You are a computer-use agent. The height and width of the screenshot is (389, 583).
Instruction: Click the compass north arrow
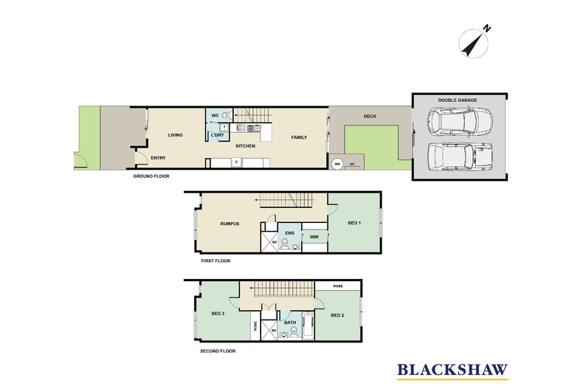click(473, 44)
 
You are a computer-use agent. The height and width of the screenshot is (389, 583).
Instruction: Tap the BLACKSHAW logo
click(452, 371)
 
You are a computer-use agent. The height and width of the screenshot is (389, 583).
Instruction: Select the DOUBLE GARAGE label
click(458, 100)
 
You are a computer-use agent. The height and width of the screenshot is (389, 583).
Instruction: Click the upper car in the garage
click(460, 122)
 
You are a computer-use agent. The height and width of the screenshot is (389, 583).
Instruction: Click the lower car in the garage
click(460, 156)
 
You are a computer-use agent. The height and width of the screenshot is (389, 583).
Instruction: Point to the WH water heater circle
click(337, 164)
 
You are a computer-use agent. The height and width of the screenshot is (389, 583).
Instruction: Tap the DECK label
click(370, 117)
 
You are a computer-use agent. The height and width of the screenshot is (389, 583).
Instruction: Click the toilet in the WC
click(226, 116)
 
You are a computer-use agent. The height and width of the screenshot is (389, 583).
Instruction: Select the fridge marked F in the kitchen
click(235, 162)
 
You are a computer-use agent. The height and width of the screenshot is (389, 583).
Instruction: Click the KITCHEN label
click(246, 146)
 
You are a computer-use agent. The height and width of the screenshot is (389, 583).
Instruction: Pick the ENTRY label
click(158, 158)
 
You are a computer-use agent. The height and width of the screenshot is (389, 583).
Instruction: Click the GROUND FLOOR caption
click(151, 176)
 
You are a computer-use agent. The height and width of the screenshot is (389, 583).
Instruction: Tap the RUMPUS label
click(230, 224)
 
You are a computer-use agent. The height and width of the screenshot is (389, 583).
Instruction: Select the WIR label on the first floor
click(314, 237)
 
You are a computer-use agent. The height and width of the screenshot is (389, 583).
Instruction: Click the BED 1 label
click(354, 223)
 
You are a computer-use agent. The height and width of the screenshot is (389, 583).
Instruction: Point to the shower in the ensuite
click(269, 242)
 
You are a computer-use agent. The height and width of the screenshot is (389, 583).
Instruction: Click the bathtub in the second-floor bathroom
click(308, 326)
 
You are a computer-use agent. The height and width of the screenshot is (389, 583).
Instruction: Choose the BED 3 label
click(218, 314)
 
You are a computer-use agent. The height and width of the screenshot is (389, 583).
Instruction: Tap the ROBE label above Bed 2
click(338, 286)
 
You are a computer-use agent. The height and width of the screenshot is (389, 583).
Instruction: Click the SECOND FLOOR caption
click(218, 351)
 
